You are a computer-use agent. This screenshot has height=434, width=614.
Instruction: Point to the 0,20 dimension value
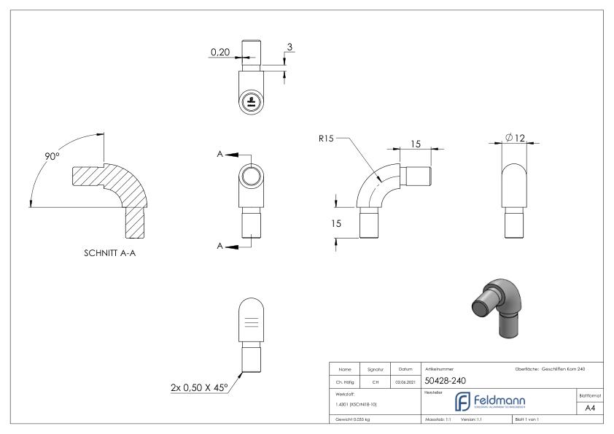pos(219,53)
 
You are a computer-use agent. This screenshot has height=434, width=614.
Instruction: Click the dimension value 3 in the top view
pos(289,47)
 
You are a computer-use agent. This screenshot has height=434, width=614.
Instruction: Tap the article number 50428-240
pos(446,380)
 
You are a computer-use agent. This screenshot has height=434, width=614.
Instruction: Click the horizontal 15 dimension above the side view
pos(416,145)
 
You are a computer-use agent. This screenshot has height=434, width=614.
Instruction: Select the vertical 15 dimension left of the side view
pos(336,224)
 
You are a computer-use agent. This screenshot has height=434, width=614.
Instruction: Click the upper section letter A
pos(219,155)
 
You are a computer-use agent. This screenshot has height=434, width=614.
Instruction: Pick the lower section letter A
pos(219,247)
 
